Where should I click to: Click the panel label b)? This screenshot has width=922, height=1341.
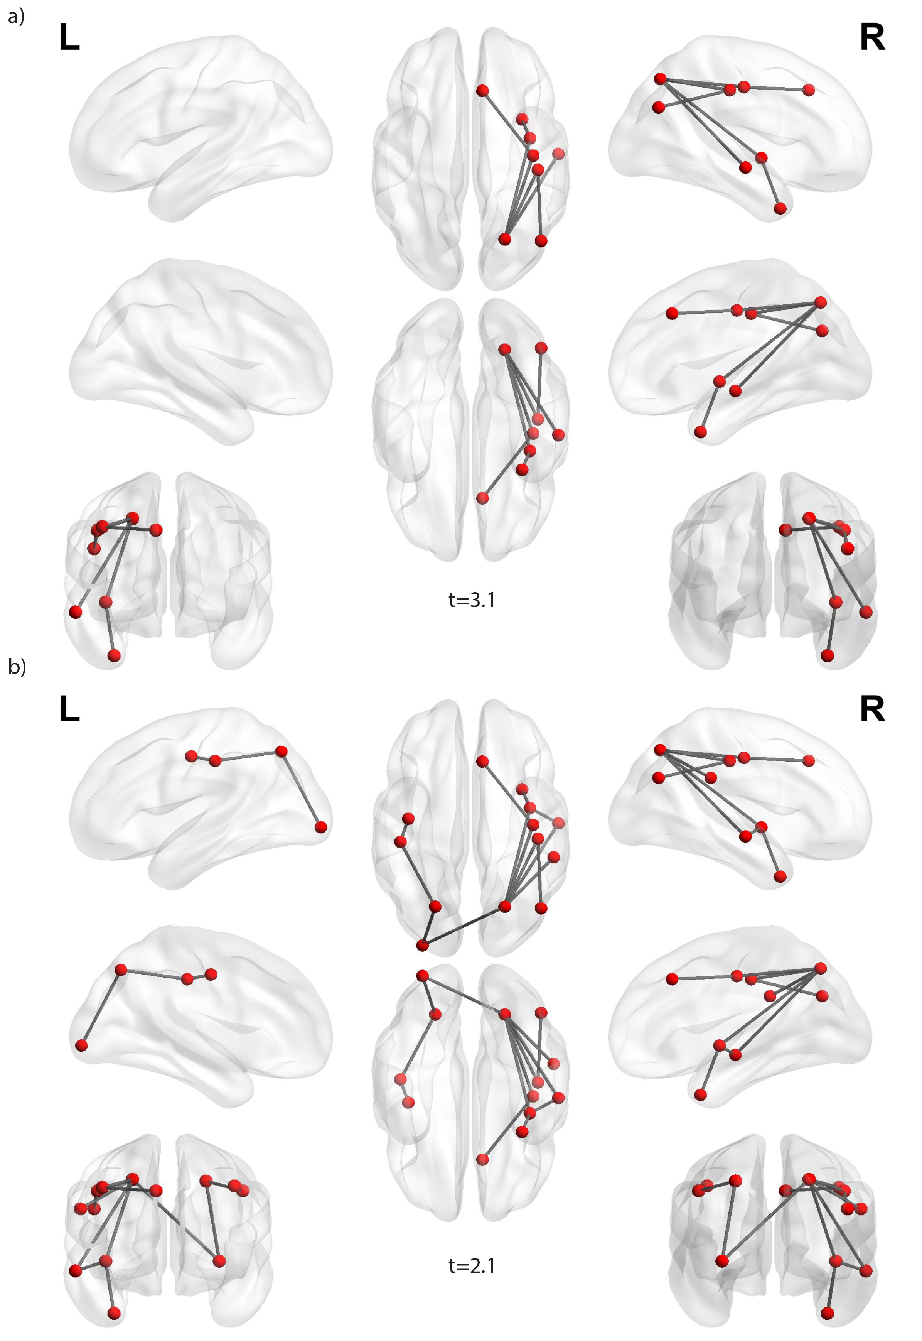[x=17, y=667]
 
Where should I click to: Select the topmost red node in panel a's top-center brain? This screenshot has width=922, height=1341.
[x=482, y=91]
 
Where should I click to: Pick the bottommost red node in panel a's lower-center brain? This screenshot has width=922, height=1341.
[x=482, y=498]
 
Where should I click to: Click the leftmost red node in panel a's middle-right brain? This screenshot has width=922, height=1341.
[x=671, y=313]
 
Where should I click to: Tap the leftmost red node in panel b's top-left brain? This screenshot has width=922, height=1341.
[x=191, y=756]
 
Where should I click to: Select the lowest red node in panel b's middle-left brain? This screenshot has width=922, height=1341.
[x=81, y=1045]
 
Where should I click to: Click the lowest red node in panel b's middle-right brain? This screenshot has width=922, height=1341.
[x=700, y=1095]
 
